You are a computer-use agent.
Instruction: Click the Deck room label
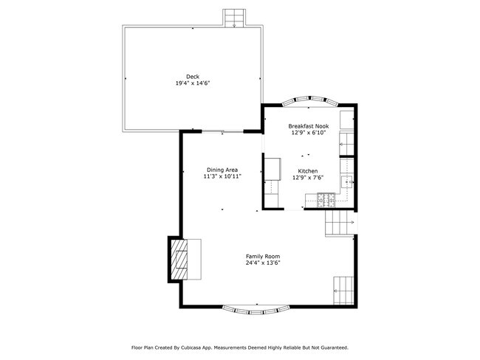[192, 76]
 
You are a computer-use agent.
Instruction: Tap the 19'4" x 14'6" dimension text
[192, 83]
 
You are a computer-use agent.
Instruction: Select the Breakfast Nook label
[309, 126]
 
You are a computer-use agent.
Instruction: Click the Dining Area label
[222, 170]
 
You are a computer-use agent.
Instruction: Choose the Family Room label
[263, 256]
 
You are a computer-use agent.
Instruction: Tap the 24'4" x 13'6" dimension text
[263, 263]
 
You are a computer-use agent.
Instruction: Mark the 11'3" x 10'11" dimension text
[222, 177]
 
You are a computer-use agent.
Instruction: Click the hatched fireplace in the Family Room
[179, 260]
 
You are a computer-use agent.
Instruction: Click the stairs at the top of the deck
[235, 18]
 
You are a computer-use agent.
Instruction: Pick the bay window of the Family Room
[256, 308]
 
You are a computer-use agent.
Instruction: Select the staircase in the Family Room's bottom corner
[344, 289]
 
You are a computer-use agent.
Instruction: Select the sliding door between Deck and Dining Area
[222, 131]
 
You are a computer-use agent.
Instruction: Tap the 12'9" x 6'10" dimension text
[309, 134]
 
